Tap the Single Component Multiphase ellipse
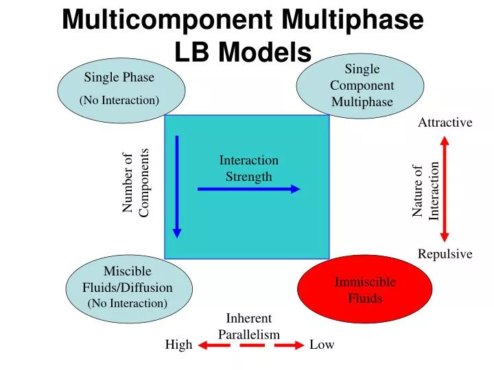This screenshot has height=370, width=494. [362, 85]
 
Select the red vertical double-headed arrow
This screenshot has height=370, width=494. [445, 188]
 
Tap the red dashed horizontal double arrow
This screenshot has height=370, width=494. [250, 345]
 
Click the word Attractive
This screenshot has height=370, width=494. [445, 123]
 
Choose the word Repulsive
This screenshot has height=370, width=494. [445, 254]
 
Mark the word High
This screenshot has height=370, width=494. [178, 345]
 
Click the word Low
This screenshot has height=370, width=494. [322, 345]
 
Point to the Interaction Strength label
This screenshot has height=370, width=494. [249, 169]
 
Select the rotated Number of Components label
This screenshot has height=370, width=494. [135, 184]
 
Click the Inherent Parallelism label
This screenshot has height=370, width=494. [249, 326]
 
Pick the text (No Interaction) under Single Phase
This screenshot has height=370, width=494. [120, 101]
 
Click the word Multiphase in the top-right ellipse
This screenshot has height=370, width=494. [362, 102]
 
